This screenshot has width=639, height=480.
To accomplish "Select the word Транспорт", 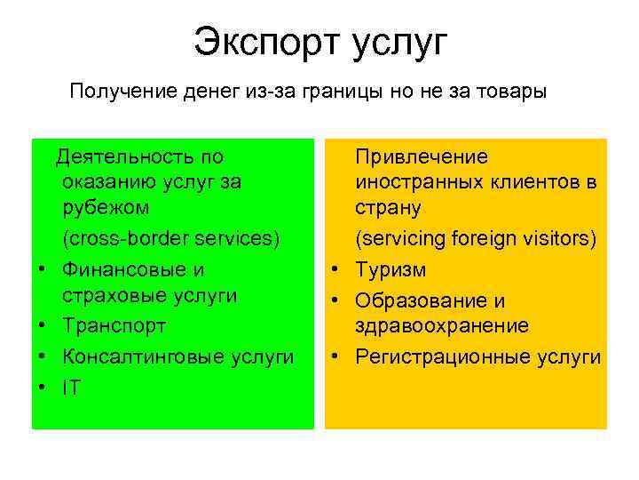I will [114, 326].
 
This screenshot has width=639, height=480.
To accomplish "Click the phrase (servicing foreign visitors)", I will [476, 239].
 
